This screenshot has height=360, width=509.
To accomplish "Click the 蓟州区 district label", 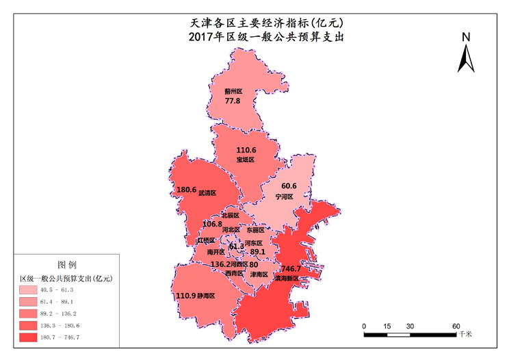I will click(233, 90).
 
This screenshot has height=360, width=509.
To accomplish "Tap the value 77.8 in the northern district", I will click(233, 101).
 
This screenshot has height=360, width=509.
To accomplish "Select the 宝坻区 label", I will click(246, 159).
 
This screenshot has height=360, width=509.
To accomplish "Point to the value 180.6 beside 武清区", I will click(186, 190).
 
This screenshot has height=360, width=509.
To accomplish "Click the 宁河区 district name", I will click(284, 196).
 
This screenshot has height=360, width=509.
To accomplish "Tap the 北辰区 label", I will click(230, 215).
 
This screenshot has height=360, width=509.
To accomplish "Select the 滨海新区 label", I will click(287, 279).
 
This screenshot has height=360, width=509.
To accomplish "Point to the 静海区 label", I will click(206, 296).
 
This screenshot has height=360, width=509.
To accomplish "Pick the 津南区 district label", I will click(259, 274).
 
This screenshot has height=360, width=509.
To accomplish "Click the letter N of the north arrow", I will click(466, 37).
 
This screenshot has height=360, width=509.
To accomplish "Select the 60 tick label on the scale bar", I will click(456, 325).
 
